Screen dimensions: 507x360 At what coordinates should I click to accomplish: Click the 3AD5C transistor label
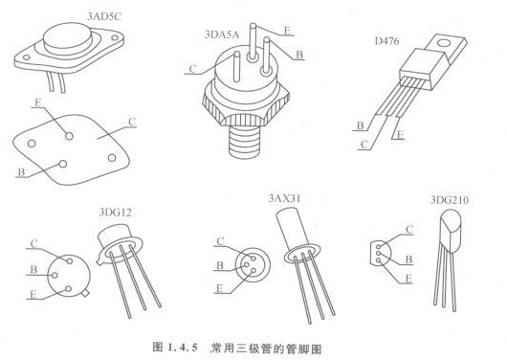click(104, 16)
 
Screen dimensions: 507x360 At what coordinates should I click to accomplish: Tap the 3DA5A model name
click(222, 34)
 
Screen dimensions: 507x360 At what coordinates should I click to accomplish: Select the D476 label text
click(386, 41)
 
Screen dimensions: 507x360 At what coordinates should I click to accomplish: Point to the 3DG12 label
click(115, 213)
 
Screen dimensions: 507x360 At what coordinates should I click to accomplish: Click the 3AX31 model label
click(284, 198)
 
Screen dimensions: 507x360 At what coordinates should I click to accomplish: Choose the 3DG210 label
click(450, 200)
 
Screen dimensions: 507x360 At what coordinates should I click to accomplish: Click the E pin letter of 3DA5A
click(287, 31)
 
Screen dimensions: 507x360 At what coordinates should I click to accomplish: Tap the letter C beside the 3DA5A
click(192, 69)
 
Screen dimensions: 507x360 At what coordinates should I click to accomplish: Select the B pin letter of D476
click(361, 125)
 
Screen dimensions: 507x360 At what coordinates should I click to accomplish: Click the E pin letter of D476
click(400, 134)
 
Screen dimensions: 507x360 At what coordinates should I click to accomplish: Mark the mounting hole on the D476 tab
click(443, 43)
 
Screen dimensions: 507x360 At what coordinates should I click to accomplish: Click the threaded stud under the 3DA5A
click(245, 142)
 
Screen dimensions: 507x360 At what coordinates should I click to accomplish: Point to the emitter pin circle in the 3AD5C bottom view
click(69, 136)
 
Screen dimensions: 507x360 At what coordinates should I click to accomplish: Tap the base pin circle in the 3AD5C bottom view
click(63, 164)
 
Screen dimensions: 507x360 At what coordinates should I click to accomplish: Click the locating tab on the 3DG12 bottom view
click(85, 293)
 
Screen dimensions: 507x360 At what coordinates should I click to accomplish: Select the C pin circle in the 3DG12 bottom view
click(69, 261)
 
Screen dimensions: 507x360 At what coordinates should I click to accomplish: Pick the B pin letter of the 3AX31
click(220, 265)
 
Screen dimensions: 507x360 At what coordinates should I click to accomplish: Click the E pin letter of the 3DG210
click(408, 279)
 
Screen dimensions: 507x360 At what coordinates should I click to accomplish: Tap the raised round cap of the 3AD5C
click(68, 38)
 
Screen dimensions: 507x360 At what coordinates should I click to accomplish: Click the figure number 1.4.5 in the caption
click(182, 348)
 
